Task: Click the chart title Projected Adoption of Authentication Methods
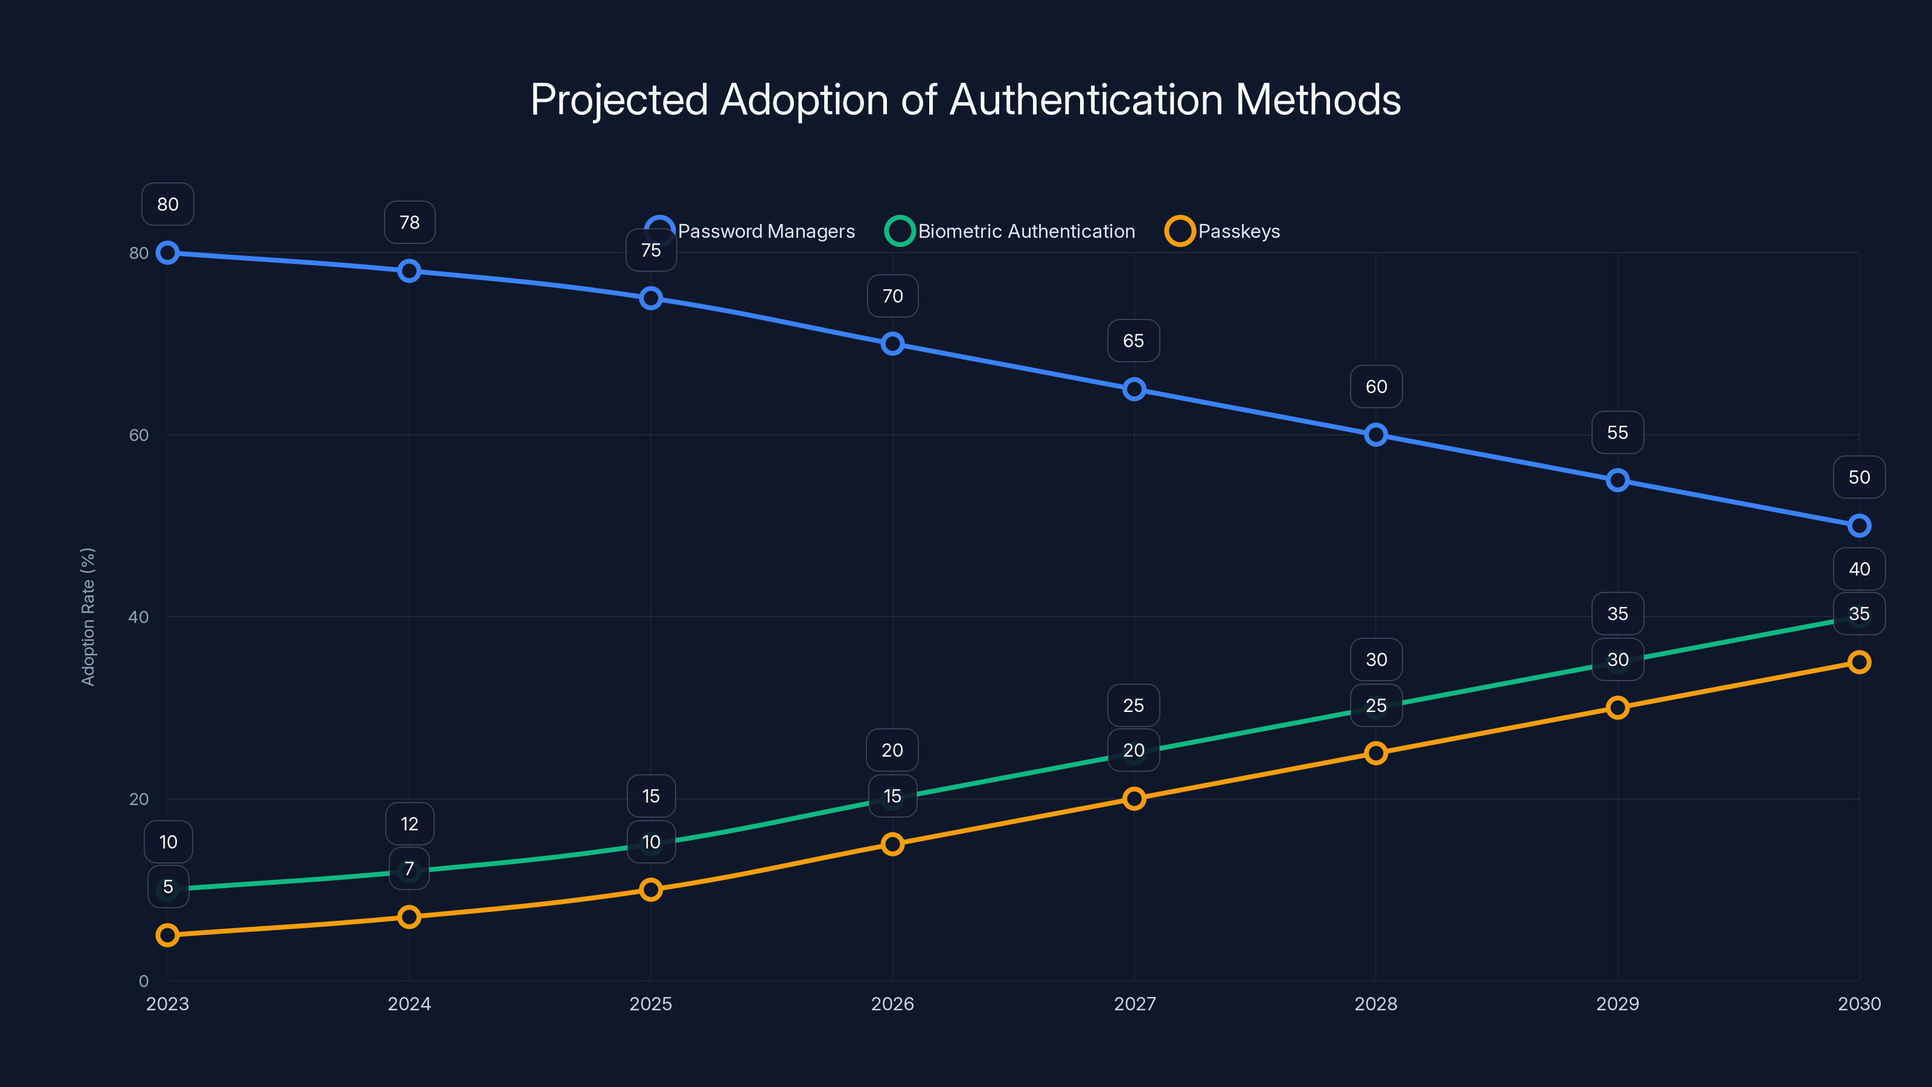965,100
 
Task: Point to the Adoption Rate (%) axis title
88,617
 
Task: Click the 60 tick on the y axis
139,435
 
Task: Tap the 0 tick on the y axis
143,981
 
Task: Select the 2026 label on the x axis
892,1004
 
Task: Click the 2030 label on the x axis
1858,1004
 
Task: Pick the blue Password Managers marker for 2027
1134,390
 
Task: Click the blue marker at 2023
168,253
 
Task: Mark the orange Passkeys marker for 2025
651,890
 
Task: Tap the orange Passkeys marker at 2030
1858,662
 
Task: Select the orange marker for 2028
1375,753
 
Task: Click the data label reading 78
409,222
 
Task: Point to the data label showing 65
1133,341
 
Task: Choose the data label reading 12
409,824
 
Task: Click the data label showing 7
409,869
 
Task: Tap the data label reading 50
1858,477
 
